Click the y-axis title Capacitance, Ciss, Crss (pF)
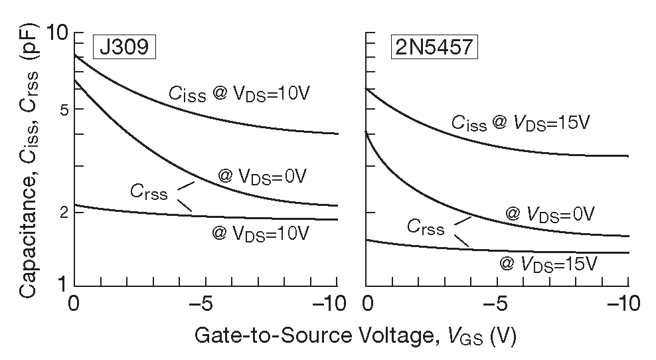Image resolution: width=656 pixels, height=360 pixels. (x=29, y=159)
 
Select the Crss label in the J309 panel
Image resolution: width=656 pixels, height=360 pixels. (x=149, y=191)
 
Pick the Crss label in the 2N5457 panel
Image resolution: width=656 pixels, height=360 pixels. (x=426, y=228)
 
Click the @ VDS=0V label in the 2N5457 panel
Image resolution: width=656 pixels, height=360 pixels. (x=550, y=214)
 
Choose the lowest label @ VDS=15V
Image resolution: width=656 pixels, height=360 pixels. (x=549, y=264)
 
